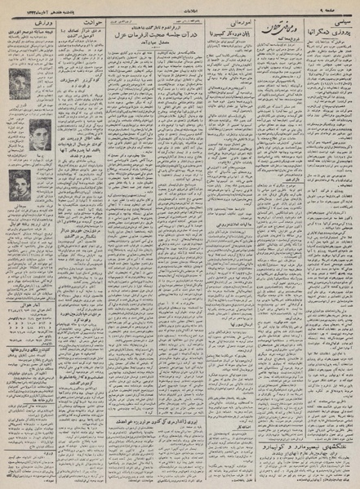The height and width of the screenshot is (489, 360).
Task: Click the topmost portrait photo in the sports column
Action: (21, 80)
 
